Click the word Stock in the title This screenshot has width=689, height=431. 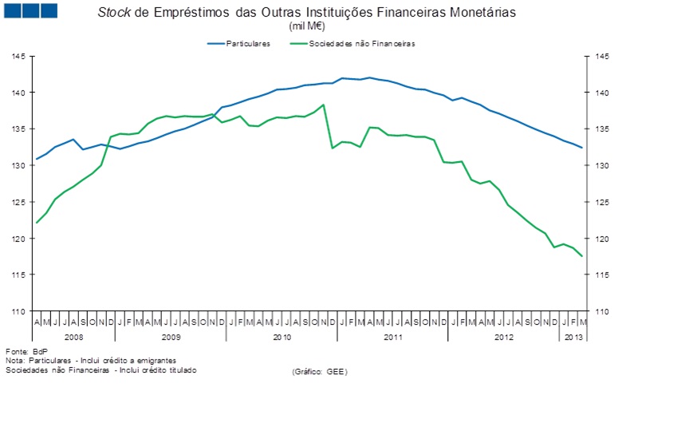pyautogui.click(x=113, y=13)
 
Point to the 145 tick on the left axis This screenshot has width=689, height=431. pyautogui.click(x=18, y=56)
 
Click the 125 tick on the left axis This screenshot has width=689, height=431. pyautogui.click(x=18, y=202)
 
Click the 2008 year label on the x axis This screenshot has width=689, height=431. pyautogui.click(x=74, y=337)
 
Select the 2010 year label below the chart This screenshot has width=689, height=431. pyautogui.click(x=282, y=337)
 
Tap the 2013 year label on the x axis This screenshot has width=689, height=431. pyautogui.click(x=573, y=337)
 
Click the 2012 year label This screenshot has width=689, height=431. pyautogui.click(x=503, y=337)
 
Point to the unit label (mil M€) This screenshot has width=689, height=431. pyautogui.click(x=305, y=26)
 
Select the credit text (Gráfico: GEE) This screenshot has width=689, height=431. pyautogui.click(x=320, y=372)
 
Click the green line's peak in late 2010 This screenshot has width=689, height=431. pyautogui.click(x=322, y=105)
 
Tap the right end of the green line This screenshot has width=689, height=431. pyautogui.click(x=581, y=255)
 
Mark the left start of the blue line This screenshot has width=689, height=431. pyautogui.click(x=37, y=159)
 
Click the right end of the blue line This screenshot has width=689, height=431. pyautogui.click(x=581, y=148)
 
